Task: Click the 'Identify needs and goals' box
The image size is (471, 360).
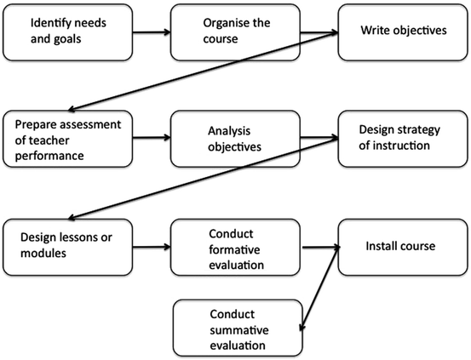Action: [x=66, y=31]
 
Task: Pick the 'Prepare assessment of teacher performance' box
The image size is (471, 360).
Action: [x=66, y=138]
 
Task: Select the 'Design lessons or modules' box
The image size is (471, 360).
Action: [x=66, y=247]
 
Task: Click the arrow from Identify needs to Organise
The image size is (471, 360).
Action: [x=149, y=35]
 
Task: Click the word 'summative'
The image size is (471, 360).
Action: [x=241, y=329]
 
